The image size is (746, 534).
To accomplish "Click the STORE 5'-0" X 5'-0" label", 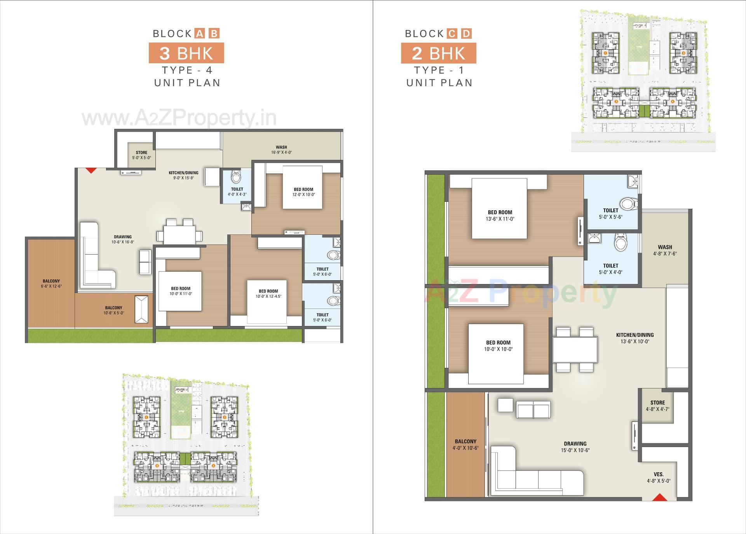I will click(141, 155).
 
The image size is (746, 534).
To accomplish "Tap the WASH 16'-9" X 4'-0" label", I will click(281, 150).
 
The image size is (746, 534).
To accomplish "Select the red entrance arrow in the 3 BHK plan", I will click(91, 170).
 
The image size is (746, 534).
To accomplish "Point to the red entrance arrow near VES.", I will click(659, 497).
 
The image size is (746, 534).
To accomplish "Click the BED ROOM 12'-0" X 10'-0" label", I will click(303, 192).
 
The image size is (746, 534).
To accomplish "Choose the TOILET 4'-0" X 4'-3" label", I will click(237, 192).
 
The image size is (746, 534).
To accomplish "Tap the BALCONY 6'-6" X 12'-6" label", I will click(51, 284).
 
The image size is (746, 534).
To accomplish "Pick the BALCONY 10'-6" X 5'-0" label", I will click(113, 310).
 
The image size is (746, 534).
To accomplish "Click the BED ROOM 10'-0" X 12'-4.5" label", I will click(268, 294).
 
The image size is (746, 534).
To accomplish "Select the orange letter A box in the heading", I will click(199, 33).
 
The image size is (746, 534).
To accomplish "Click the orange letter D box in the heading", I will click(466, 33).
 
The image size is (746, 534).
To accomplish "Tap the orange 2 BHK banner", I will click(439, 53).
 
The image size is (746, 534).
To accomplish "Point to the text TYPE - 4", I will click(187, 70).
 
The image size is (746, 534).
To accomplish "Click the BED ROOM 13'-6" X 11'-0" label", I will click(500, 215).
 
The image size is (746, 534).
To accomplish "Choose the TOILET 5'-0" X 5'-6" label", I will click(610, 213).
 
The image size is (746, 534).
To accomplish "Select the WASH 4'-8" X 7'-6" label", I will click(665, 250).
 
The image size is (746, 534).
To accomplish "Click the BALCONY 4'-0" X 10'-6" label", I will click(465, 444).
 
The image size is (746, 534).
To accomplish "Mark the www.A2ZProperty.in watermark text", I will click(179, 118).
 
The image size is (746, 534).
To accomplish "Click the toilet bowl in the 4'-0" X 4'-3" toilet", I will click(236, 177).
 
